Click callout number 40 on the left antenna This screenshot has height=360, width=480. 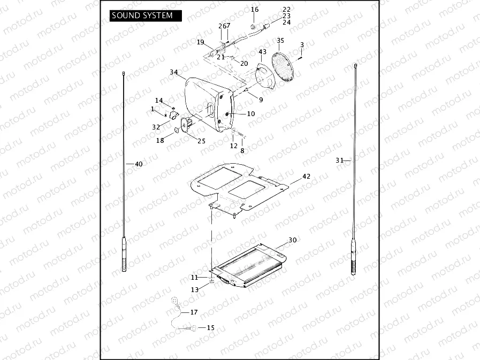pyautogui.click(x=139, y=164)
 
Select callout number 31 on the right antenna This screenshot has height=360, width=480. pyautogui.click(x=339, y=160)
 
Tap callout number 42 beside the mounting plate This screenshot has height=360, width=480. pyautogui.click(x=306, y=176)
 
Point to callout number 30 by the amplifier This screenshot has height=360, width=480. pyautogui.click(x=292, y=240)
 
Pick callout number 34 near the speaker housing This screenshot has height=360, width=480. pyautogui.click(x=174, y=72)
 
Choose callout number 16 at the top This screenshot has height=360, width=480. pyautogui.click(x=255, y=10)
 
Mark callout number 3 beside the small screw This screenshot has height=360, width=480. pyautogui.click(x=302, y=44)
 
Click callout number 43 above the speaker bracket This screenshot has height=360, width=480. pyautogui.click(x=262, y=52)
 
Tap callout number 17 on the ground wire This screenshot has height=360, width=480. pyautogui.click(x=194, y=311)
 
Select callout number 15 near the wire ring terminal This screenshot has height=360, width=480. pyautogui.click(x=210, y=327)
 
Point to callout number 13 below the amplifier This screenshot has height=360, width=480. pyautogui.click(x=195, y=289)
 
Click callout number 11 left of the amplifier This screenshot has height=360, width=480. pyautogui.click(x=195, y=278)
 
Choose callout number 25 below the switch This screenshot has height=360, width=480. pyautogui.click(x=201, y=141)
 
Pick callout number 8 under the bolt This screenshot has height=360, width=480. pyautogui.click(x=242, y=151)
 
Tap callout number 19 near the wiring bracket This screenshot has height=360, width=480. pyautogui.click(x=201, y=42)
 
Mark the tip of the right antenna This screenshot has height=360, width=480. pyautogui.click(x=355, y=65)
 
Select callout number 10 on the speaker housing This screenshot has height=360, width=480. pyautogui.click(x=251, y=114)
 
